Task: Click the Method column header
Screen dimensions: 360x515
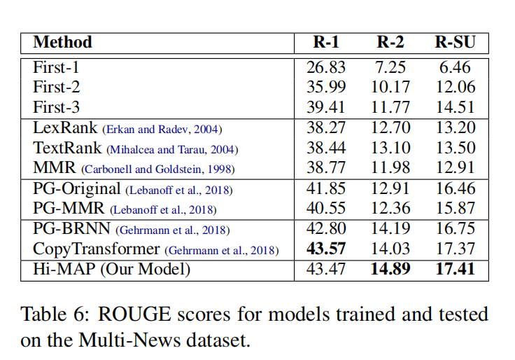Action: pyautogui.click(x=62, y=42)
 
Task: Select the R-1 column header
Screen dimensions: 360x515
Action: pyautogui.click(x=326, y=42)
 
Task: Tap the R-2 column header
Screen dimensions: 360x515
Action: pyautogui.click(x=390, y=42)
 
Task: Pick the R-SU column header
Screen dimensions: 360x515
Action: pyautogui.click(x=455, y=42)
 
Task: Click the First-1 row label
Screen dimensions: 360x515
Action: pyautogui.click(x=57, y=68)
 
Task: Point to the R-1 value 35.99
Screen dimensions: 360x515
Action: pyautogui.click(x=326, y=88)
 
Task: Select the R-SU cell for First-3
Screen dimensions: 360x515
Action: pyautogui.click(x=455, y=108)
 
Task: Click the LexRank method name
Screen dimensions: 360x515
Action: pyautogui.click(x=66, y=128)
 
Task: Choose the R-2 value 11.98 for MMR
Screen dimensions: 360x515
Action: pyautogui.click(x=390, y=168)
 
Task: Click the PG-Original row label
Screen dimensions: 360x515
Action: pyautogui.click(x=78, y=189)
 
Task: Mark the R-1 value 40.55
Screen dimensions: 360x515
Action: pyautogui.click(x=326, y=209)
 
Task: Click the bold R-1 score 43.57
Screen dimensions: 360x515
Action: pyautogui.click(x=326, y=249)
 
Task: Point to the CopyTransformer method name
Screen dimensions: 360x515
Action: pyautogui.click(x=97, y=249)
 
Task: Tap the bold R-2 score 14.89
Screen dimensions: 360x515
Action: pyautogui.click(x=390, y=270)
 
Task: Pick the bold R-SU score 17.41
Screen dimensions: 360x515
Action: pyautogui.click(x=455, y=270)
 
